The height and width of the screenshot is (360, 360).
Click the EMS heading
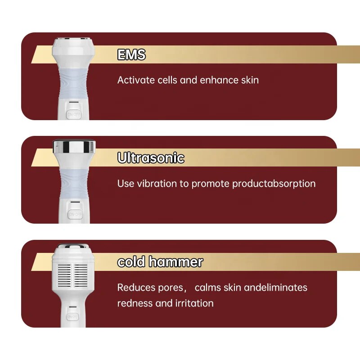pyautogui.click(x=131, y=54)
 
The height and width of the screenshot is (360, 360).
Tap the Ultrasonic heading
pyautogui.click(x=151, y=158)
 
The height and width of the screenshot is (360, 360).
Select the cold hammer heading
pyautogui.click(x=160, y=261)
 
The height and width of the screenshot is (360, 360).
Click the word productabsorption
pyautogui.click(x=274, y=184)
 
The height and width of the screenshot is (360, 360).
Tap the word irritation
pyautogui.click(x=194, y=303)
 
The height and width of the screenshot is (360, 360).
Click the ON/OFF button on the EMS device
pyautogui.click(x=74, y=114)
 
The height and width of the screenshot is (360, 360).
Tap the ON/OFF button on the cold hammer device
pyautogui.click(x=72, y=317)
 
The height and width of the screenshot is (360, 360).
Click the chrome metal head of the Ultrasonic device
pyautogui.click(x=74, y=147)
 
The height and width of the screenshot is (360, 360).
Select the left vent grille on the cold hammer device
pyautogui.click(x=64, y=276)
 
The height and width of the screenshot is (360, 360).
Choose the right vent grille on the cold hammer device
pyautogui.click(x=81, y=276)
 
